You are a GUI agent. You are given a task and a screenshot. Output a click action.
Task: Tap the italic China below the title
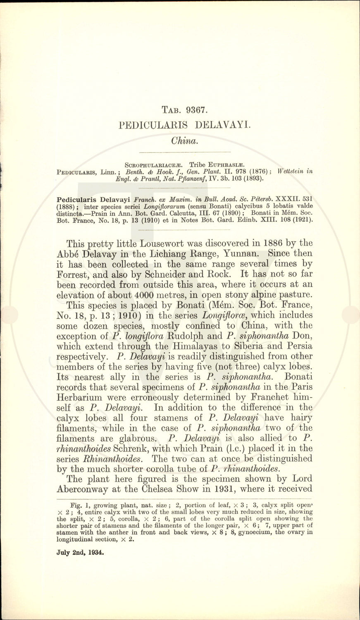185,141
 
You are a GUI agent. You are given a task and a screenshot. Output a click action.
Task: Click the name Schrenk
126,448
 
